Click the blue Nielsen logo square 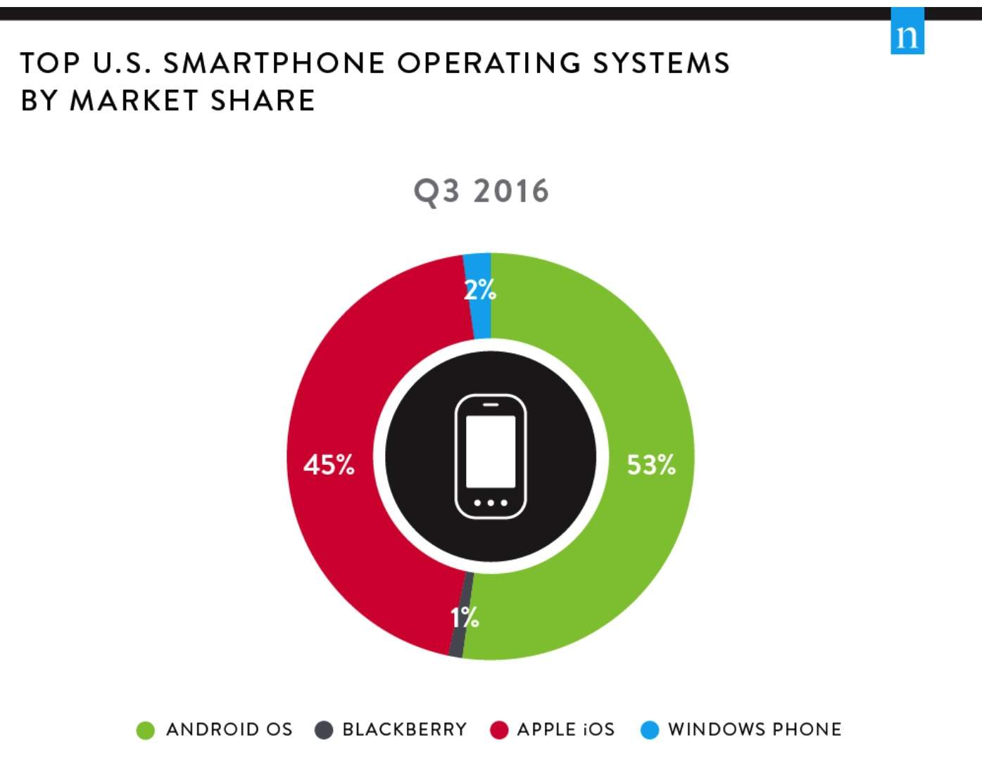907,32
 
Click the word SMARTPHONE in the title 274,63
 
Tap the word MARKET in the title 134,101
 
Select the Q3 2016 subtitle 481,191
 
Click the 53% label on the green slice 651,465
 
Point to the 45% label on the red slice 329,465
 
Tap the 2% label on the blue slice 479,290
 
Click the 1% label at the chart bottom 465,618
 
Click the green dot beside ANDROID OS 145,731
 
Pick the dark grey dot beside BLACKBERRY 323,731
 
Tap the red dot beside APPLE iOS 499,731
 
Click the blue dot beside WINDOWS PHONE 650,731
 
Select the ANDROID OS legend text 229,729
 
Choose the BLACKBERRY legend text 404,729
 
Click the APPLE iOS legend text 565,729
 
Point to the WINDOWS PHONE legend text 755,729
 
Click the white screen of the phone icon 491,451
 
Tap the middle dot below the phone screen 491,503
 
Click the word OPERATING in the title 489,63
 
